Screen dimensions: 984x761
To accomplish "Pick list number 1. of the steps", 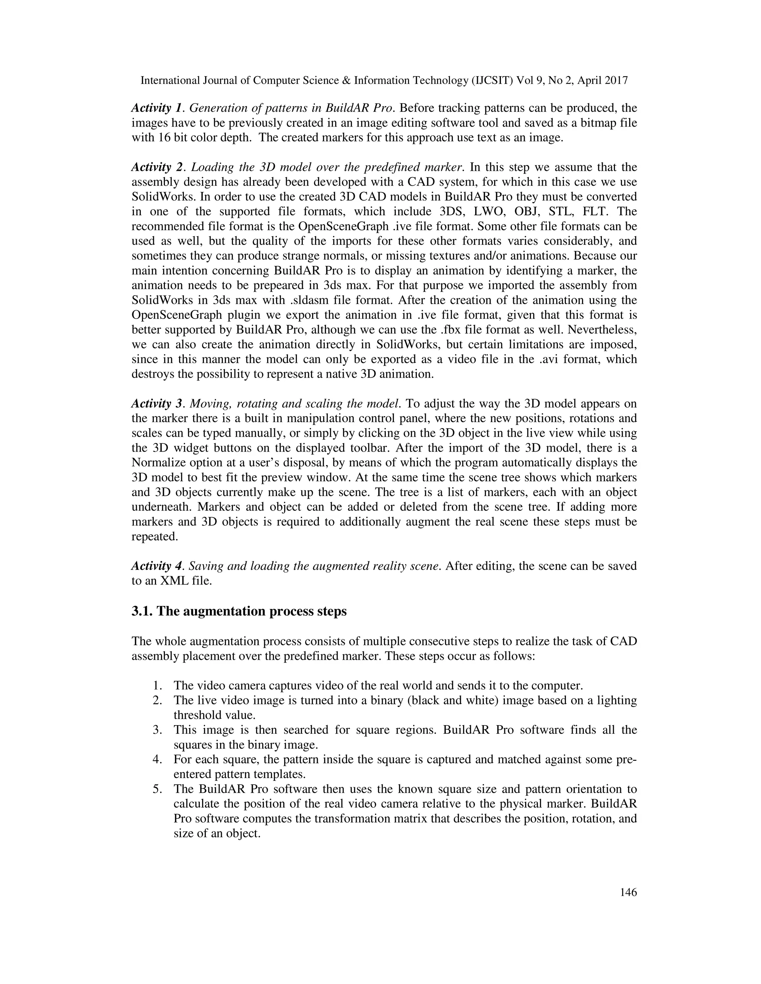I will (x=157, y=686).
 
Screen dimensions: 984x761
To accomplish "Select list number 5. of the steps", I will (x=157, y=789).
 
